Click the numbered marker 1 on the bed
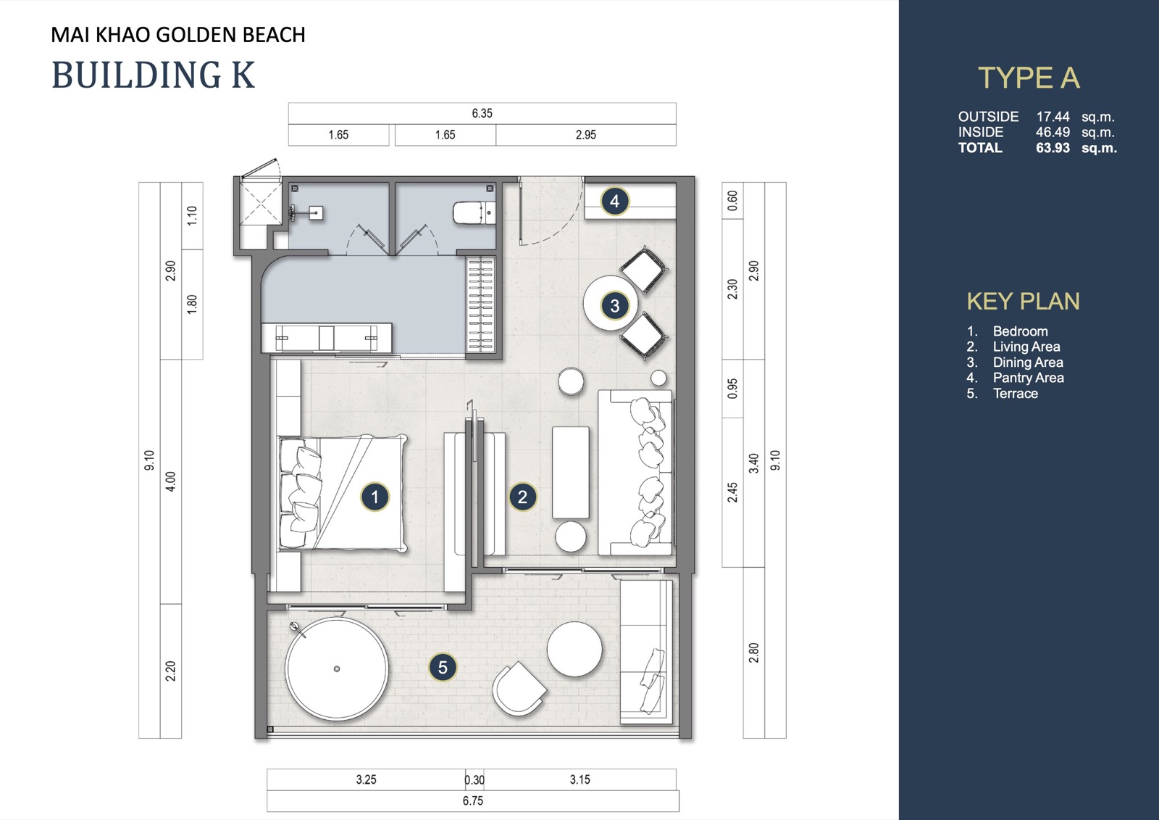pyautogui.click(x=375, y=497)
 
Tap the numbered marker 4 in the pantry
pyautogui.click(x=615, y=201)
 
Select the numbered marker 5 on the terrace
pyautogui.click(x=443, y=667)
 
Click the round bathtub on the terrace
pyautogui.click(x=337, y=668)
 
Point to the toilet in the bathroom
pyautogui.click(x=474, y=212)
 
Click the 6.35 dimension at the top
pyautogui.click(x=482, y=113)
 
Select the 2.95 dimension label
pyautogui.click(x=586, y=135)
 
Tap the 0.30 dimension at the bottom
pyautogui.click(x=474, y=779)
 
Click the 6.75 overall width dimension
pyautogui.click(x=473, y=801)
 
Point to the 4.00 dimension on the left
pyautogui.click(x=171, y=481)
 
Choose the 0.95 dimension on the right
pyautogui.click(x=732, y=389)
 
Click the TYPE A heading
pyautogui.click(x=1029, y=78)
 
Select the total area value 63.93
pyautogui.click(x=1053, y=148)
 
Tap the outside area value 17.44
pyautogui.click(x=1053, y=117)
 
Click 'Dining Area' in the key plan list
pyautogui.click(x=1028, y=362)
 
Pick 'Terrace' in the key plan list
pyautogui.click(x=1015, y=393)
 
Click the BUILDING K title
pyautogui.click(x=153, y=75)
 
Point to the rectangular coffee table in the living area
pyautogui.click(x=570, y=473)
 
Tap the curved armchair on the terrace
pyautogui.click(x=519, y=689)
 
